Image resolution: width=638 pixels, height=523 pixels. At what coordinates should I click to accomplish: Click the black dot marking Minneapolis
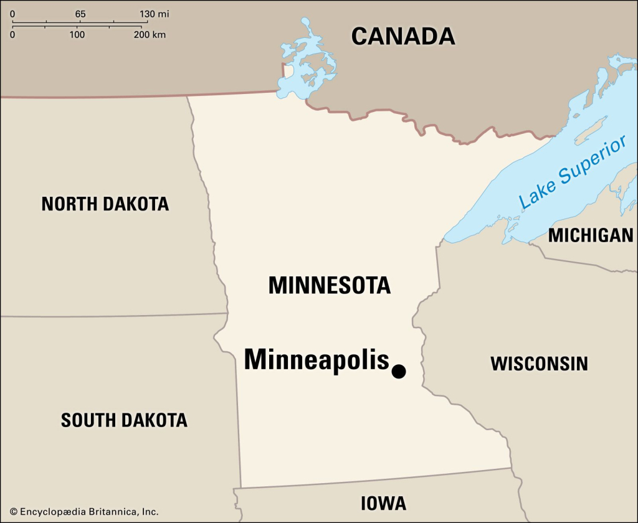click(399, 372)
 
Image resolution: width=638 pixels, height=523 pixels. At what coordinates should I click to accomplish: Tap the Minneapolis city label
click(316, 360)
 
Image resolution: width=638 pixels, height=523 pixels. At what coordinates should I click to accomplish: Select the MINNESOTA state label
click(329, 285)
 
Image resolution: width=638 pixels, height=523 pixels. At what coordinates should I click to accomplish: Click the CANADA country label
click(403, 36)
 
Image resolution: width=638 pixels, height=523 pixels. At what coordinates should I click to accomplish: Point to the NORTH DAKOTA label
click(105, 204)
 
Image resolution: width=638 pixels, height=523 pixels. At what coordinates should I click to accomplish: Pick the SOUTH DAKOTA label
click(124, 420)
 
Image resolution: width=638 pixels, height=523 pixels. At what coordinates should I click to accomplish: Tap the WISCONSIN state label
click(539, 364)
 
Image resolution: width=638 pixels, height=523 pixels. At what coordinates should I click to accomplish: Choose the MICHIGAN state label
click(590, 235)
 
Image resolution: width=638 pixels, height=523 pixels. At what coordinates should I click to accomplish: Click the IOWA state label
click(383, 503)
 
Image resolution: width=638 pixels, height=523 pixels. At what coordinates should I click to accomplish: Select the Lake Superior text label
click(571, 172)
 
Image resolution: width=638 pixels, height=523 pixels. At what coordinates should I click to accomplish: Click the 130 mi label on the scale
click(153, 14)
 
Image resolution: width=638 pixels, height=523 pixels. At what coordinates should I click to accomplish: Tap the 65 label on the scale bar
click(80, 14)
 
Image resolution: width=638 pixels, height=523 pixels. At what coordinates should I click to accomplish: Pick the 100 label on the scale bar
click(77, 35)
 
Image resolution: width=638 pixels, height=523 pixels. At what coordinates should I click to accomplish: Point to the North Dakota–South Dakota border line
click(112, 315)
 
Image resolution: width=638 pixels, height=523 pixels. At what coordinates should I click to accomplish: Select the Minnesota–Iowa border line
click(374, 478)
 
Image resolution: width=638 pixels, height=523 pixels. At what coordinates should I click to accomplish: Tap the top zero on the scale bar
click(12, 14)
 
